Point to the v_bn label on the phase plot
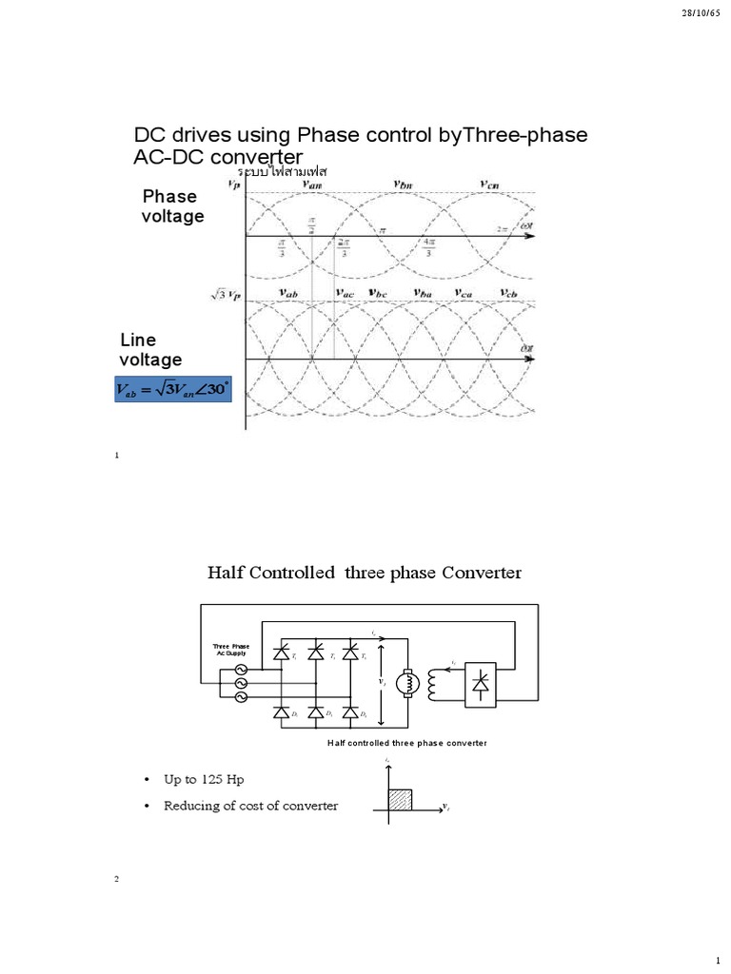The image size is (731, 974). point(407,185)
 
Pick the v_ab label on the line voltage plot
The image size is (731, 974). point(288,295)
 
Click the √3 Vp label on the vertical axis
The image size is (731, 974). point(226,296)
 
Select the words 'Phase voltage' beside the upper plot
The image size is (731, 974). point(172,206)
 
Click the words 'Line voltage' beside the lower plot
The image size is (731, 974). point(149,350)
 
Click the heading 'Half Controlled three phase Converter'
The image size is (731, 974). point(365,573)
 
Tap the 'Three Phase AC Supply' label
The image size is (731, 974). point(231,649)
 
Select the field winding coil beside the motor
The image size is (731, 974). point(438,682)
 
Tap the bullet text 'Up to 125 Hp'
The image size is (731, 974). point(198,779)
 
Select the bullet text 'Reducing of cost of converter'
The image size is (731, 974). point(250,807)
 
